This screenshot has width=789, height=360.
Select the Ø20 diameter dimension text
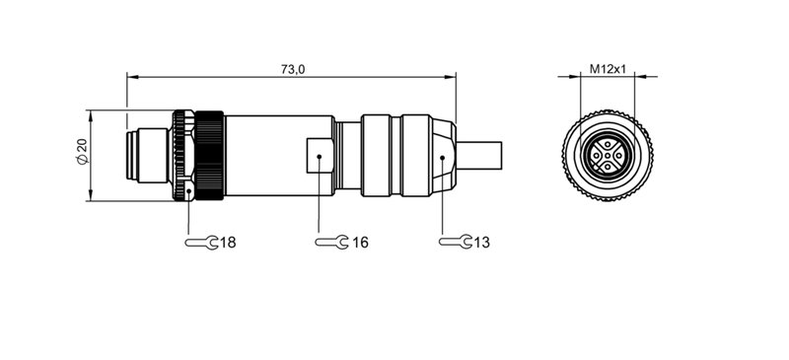[82, 154]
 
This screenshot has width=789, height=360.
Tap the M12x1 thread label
[609, 68]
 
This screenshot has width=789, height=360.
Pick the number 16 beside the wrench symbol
[359, 242]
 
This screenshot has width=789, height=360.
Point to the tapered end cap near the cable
[445, 156]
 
